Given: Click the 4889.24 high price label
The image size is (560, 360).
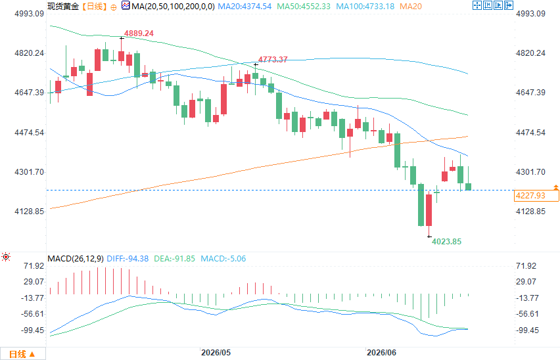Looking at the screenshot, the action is pos(139,34).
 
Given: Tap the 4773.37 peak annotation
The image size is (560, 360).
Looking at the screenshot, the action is pos(273,60).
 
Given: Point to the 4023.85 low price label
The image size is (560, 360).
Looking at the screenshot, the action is pos(446,242).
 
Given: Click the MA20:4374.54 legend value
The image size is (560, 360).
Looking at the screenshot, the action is pos(245,7).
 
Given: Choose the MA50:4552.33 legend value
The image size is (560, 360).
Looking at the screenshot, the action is pos(304,7).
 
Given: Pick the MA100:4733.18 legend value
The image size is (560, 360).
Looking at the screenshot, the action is pos(365,7).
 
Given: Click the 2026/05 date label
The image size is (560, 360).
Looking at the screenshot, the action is pos(216,353).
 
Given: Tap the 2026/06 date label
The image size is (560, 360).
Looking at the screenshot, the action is pos(381,353).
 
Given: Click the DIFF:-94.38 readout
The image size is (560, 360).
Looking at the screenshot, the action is pos(128,259).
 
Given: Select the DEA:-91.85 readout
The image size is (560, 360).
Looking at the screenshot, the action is pos(174,259).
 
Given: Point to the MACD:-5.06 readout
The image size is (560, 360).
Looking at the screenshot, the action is pos(223,259).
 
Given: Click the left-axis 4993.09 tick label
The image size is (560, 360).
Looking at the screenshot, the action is pos(30,14).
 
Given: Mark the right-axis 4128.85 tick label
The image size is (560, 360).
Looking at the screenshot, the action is pos(530,212).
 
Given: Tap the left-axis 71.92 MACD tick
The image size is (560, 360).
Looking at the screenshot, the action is pos(34,266).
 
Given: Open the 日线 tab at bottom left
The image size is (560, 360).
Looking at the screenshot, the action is pos(22,354).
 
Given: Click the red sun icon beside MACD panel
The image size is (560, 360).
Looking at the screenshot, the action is pos(6,257).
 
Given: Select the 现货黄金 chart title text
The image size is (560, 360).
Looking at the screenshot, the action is pos(63,7).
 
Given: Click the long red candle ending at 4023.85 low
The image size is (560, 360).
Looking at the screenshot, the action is pos(429,210).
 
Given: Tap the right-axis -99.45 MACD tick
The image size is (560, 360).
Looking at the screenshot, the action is pos(528,330).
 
